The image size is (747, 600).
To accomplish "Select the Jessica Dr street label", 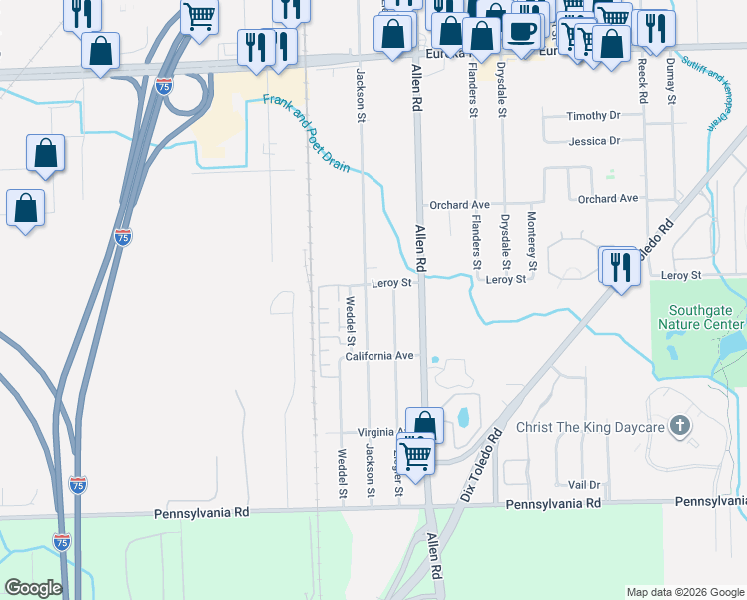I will pyautogui.click(x=594, y=141).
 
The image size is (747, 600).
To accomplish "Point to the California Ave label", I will pyautogui.click(x=379, y=356).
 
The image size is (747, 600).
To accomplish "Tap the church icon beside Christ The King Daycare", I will pyautogui.click(x=679, y=427).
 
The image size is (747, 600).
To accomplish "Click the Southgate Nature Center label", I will pyautogui.click(x=701, y=317).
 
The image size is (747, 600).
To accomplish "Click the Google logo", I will pyautogui.click(x=33, y=588).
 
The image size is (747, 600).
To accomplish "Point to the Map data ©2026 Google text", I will pyautogui.click(x=685, y=592).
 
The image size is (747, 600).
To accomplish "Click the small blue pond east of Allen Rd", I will pyautogui.click(x=462, y=415).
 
